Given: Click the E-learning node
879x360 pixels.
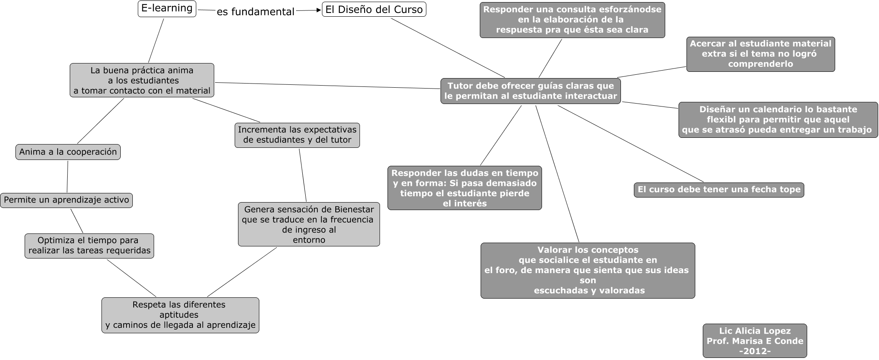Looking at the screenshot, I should click(x=167, y=8).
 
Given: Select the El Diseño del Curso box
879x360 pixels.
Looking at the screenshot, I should click(x=374, y=10).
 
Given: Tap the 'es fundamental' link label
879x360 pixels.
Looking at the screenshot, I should click(x=256, y=12).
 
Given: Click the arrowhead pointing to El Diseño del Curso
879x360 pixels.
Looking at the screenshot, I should click(x=318, y=10).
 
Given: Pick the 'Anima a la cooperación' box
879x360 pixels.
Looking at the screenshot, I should click(x=68, y=152).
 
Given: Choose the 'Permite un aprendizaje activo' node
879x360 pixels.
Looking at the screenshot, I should click(x=66, y=200).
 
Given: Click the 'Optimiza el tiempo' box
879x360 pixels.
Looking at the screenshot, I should click(x=89, y=246).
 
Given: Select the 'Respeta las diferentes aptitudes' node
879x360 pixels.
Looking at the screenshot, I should click(x=180, y=315).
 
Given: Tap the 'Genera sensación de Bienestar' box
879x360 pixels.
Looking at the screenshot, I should click(x=309, y=224).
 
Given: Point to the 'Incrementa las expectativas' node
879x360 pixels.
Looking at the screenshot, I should click(x=297, y=135).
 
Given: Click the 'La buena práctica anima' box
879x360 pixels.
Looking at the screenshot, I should click(x=142, y=80).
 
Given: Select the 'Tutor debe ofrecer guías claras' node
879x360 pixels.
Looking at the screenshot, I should click(x=530, y=91).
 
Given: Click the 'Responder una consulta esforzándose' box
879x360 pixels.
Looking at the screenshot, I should click(x=572, y=20).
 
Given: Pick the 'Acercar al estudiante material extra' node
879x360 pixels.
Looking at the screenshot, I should click(x=760, y=54).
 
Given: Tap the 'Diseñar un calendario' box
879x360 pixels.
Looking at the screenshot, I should click(x=778, y=119).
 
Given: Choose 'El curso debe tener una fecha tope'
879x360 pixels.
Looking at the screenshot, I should click(x=719, y=190).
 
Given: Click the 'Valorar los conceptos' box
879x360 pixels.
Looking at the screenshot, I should click(x=588, y=270).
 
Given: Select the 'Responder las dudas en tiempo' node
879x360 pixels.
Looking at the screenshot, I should click(x=464, y=188).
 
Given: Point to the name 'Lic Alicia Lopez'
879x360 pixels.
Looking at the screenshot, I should click(x=755, y=331).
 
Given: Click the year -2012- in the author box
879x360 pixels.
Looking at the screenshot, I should click(x=755, y=351).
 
